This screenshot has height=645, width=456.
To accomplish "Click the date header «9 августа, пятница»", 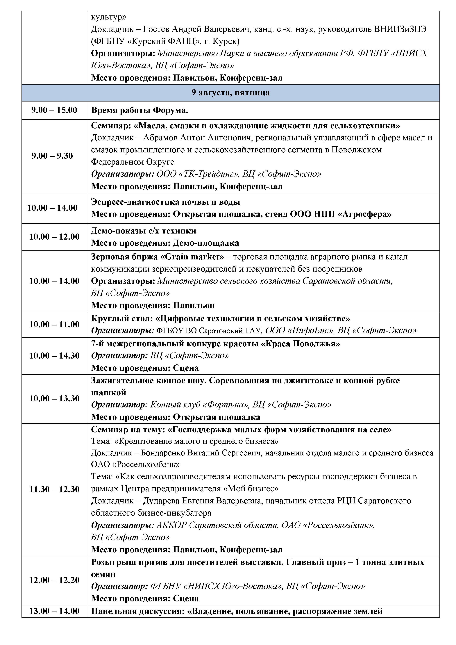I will click(230, 93).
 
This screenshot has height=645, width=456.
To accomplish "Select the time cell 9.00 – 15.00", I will click(54, 110).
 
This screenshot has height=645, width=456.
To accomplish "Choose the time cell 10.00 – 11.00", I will click(54, 325).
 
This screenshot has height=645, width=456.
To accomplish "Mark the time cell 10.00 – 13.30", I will click(54, 398).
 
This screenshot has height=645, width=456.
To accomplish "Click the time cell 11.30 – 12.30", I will click(54, 489).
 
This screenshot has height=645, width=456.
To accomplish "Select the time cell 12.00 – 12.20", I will click(54, 580).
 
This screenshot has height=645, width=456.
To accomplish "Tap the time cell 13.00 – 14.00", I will click(54, 611).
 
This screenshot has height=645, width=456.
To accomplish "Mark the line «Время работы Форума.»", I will click(140, 110).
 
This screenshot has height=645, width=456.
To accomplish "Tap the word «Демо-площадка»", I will click(206, 243).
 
